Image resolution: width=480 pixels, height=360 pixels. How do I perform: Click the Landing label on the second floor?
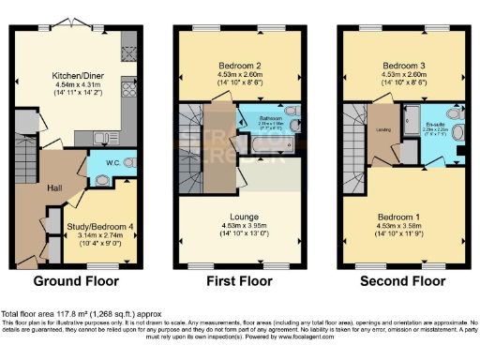pyautogui.click(x=382, y=130)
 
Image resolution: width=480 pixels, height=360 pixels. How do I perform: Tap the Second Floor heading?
pyautogui.click(x=404, y=280)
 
